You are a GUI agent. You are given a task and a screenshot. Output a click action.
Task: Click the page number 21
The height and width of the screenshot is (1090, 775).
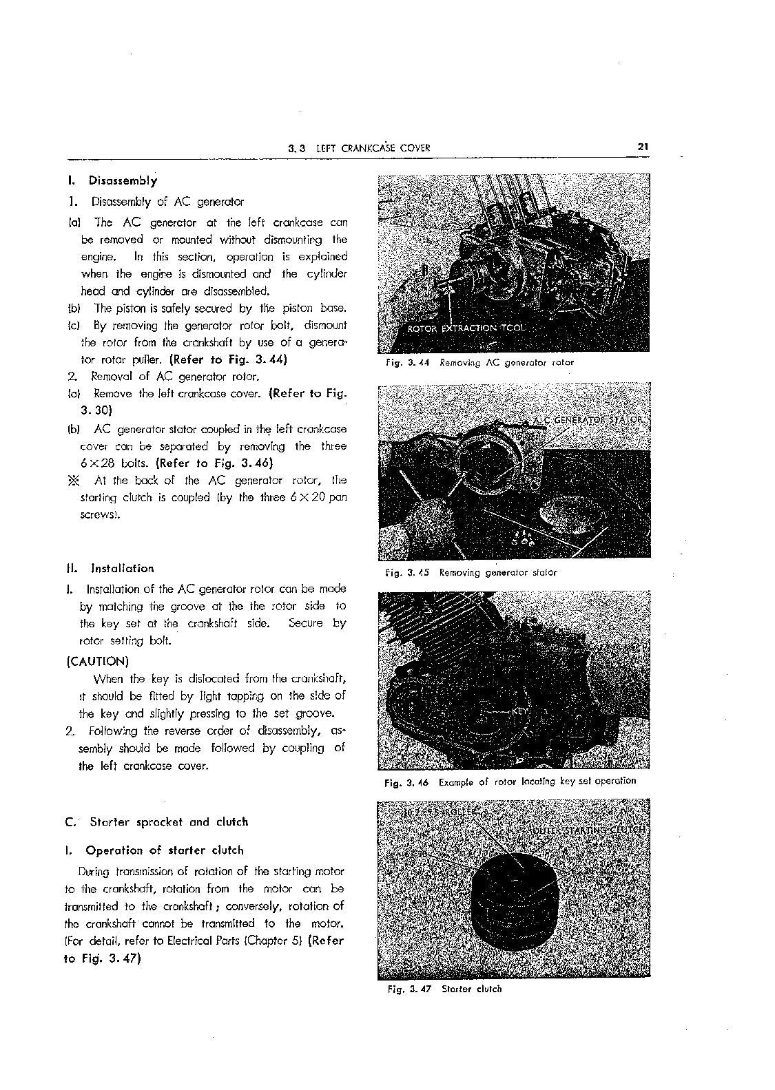pyautogui.click(x=643, y=147)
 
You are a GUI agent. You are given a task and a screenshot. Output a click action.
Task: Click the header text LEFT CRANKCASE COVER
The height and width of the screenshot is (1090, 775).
pyautogui.click(x=373, y=148)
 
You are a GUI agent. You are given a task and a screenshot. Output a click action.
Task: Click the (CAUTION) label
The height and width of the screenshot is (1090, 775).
pyautogui.click(x=97, y=662)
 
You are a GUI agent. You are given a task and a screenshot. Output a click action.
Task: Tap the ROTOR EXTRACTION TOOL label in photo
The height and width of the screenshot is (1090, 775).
pyautogui.click(x=466, y=328)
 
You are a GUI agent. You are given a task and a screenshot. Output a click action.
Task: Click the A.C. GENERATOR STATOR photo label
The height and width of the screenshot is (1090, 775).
pyautogui.click(x=590, y=419)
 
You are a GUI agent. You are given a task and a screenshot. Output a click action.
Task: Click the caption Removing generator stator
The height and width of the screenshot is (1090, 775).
pyautogui.click(x=497, y=572)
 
